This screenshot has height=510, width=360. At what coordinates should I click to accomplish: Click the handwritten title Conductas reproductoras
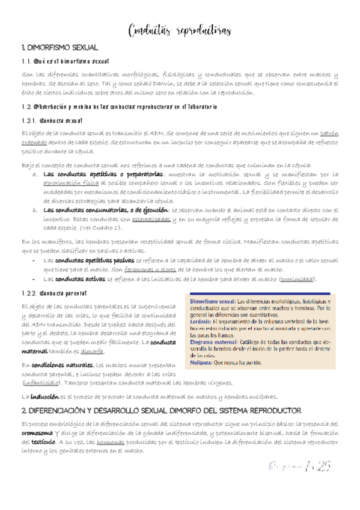[180, 31]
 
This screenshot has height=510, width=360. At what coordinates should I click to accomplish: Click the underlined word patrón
[329, 132]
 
